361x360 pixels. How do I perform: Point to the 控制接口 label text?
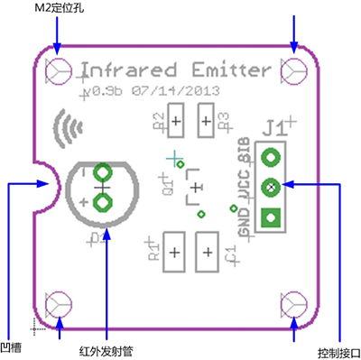(339, 351)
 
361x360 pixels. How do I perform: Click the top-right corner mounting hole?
(295, 69)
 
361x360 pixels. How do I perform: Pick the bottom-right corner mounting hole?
(295, 304)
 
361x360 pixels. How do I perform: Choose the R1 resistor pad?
(173, 252)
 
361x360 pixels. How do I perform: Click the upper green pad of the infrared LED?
(102, 171)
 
